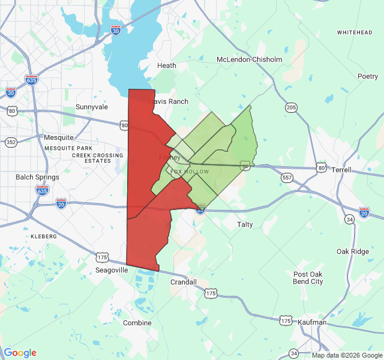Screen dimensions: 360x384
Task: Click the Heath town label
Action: click(166, 65)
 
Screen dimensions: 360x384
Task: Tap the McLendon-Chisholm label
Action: click(249, 59)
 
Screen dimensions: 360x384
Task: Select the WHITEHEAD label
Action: click(355, 32)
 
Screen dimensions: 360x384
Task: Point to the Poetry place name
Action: click(368, 76)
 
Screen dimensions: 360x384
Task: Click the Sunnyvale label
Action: click(92, 107)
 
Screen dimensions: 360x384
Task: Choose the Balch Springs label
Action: click(38, 177)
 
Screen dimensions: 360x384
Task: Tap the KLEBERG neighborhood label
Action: click(43, 236)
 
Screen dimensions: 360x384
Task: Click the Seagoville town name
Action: click(112, 271)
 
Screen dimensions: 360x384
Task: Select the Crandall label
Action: click(184, 281)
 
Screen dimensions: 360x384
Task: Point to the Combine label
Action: click(137, 323)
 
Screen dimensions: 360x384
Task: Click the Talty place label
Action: click(245, 224)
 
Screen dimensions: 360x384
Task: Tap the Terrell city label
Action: click(341, 170)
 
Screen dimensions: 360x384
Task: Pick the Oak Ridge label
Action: click(353, 251)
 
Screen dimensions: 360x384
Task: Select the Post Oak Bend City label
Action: click(308, 278)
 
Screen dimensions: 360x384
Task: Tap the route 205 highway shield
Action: click(292, 107)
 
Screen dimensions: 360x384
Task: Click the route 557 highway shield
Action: click(287, 178)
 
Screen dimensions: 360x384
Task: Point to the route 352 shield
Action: click(11, 142)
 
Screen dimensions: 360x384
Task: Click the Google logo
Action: click(20, 353)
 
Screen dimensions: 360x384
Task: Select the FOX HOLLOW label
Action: click(190, 172)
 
